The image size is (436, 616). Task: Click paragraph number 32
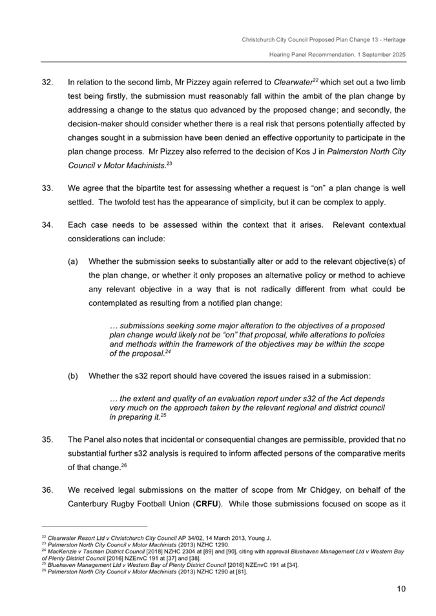[x=47, y=83]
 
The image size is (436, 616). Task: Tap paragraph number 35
[x=47, y=439]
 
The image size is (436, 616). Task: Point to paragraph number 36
[x=47, y=489]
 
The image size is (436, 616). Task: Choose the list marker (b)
[x=74, y=375]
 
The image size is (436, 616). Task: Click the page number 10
[x=400, y=588]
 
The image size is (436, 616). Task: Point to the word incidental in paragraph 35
[x=167, y=439]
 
